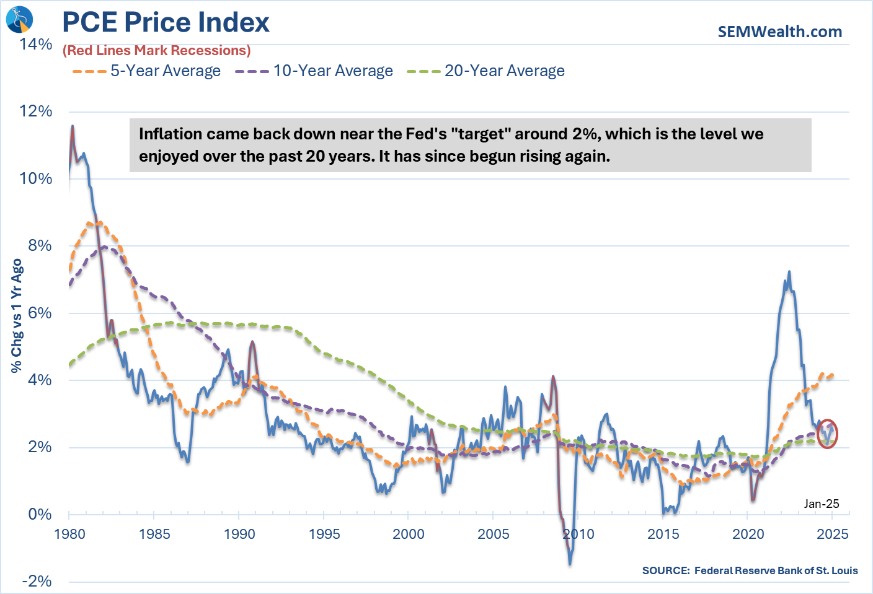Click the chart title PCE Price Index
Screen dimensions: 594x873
[x=166, y=22]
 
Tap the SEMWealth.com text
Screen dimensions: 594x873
[x=779, y=32]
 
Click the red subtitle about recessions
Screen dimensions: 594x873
[x=157, y=51]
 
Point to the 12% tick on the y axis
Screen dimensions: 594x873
[x=36, y=111]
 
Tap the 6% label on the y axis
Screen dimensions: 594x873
[x=40, y=313]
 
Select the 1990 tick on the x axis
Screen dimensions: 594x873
[x=239, y=534]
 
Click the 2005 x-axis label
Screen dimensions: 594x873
[x=494, y=534]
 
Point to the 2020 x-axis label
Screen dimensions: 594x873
[x=748, y=534]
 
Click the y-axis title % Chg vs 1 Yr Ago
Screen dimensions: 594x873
[x=17, y=316]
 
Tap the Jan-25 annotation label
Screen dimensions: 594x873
[x=821, y=504]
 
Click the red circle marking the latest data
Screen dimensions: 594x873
[x=827, y=434]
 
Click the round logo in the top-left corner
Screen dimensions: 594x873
[x=19, y=19]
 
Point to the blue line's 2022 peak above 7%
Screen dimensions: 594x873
[x=789, y=271]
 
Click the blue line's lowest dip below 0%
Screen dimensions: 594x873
[x=570, y=564]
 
